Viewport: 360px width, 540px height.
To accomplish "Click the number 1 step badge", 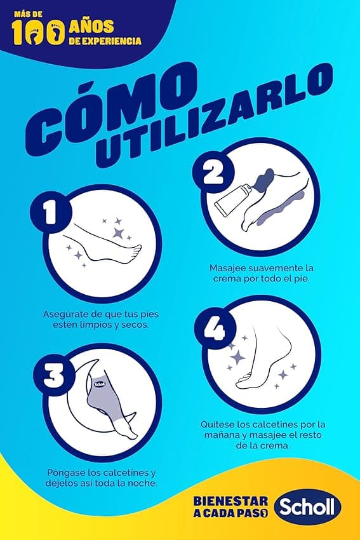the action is tap(51, 213).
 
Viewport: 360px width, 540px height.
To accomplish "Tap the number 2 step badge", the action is tap(214, 172).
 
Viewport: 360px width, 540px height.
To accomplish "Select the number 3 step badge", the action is tap(54, 375).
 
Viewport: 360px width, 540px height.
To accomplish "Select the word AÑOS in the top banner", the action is tap(91, 27).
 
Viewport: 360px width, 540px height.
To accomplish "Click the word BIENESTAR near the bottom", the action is tap(230, 501).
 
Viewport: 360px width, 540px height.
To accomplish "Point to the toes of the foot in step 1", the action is tap(136, 252).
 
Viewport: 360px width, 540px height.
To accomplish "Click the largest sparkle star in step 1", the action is tap(118, 233).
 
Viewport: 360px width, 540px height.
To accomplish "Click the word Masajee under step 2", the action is tap(227, 268).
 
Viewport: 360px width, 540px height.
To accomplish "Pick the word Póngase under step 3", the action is tap(66, 473).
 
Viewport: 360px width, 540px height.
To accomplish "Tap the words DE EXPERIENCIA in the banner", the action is tap(105, 41).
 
